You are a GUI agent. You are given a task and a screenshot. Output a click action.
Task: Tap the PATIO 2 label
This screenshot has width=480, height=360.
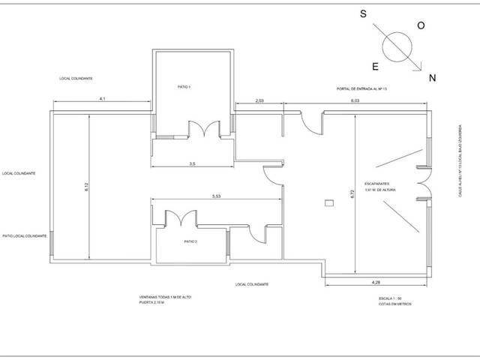[190, 241]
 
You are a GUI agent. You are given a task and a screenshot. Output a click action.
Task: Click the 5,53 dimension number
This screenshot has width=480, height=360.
[217, 196]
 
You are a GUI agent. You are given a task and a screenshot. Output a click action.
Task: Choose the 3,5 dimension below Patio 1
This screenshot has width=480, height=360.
[192, 163]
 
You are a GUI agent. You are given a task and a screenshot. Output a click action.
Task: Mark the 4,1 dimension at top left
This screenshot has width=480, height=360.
[101, 99]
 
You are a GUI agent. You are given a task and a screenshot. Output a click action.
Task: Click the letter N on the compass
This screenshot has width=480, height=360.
[431, 78]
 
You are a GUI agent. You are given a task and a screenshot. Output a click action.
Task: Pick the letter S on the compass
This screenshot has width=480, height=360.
[363, 14]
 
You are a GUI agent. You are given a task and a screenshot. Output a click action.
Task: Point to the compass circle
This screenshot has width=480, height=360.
[397, 47]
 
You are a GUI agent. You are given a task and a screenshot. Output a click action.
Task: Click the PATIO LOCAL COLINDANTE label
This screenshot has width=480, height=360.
[25, 235]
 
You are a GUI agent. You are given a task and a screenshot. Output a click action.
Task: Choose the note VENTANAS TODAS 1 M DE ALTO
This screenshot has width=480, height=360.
[164, 297]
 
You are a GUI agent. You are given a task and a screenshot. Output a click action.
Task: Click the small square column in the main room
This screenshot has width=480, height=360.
[328, 203]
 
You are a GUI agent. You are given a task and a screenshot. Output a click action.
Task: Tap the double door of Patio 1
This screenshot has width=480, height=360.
[201, 129]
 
